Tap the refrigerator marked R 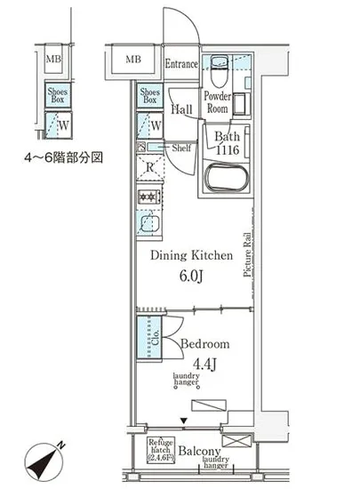tap(150, 166)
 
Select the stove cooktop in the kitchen tap(148, 197)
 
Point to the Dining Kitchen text tap(191, 255)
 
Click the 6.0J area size tap(192, 277)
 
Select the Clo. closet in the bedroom tap(149, 338)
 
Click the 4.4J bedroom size tap(204, 363)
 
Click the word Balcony tap(198, 451)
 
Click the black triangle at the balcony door tap(183, 421)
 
